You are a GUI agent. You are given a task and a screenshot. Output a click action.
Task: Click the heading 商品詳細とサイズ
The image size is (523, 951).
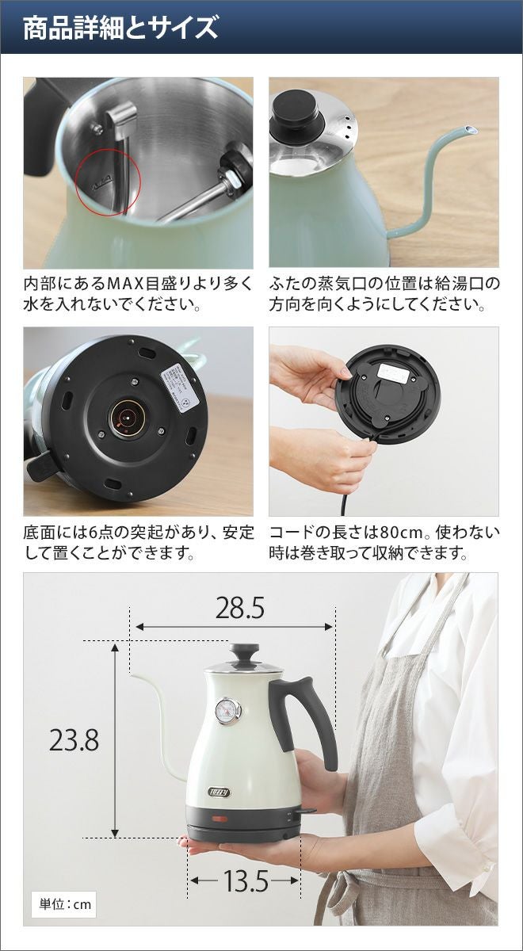(x=120, y=28)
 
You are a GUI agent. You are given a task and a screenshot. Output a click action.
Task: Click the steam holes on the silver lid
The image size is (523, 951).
(x=347, y=127)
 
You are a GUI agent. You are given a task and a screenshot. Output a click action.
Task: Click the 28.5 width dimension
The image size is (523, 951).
(x=240, y=608)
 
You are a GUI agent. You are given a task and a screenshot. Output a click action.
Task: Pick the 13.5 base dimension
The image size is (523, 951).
(x=246, y=869)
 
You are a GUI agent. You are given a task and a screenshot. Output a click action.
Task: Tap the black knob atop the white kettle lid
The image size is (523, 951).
(x=244, y=655)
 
